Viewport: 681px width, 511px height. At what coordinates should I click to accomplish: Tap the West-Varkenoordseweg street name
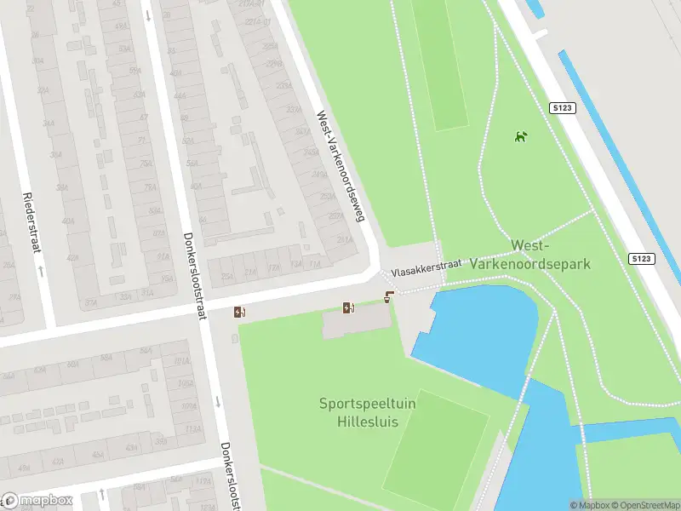[340, 166]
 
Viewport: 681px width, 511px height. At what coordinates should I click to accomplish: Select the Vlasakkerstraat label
[426, 268]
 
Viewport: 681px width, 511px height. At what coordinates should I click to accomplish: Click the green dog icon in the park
[520, 136]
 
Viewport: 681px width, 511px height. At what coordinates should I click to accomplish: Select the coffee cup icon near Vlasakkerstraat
[389, 296]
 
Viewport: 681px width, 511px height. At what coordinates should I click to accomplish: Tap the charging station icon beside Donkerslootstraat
[240, 313]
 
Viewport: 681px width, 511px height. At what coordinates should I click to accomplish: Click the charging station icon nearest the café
[348, 307]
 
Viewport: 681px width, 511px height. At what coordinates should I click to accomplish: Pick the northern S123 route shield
[562, 108]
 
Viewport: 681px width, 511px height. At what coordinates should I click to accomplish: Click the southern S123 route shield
[643, 258]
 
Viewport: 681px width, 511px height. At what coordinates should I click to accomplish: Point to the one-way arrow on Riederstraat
[40, 271]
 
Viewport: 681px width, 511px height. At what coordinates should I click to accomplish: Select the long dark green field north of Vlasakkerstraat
[439, 64]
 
